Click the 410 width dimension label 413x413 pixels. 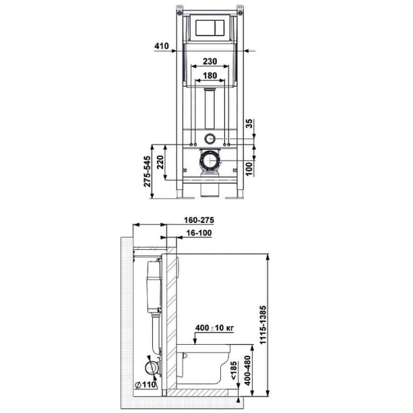coord(161,46)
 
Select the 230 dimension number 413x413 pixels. coord(211,61)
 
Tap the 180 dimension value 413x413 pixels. coord(211,75)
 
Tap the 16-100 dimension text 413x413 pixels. coord(198,235)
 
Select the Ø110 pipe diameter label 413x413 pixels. coord(144,385)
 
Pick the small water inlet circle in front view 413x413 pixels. coord(210,136)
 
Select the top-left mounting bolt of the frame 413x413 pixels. coord(180,12)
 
